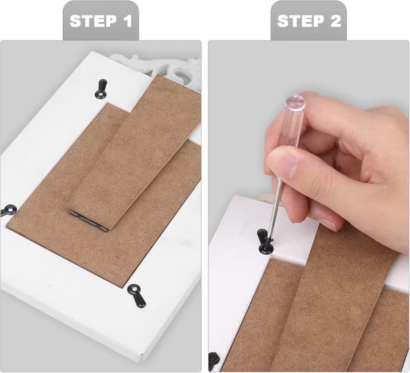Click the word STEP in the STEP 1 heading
click(x=93, y=21)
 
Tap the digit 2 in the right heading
click(x=336, y=21)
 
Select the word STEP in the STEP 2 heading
click(x=301, y=21)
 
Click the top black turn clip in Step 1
click(x=101, y=89)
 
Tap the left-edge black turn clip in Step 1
click(x=8, y=210)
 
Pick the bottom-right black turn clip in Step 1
click(x=137, y=295)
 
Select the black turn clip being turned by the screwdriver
click(x=264, y=241)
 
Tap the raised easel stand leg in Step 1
click(x=133, y=154)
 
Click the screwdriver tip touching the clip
click(x=271, y=238)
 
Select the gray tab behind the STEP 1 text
click(x=100, y=20)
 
